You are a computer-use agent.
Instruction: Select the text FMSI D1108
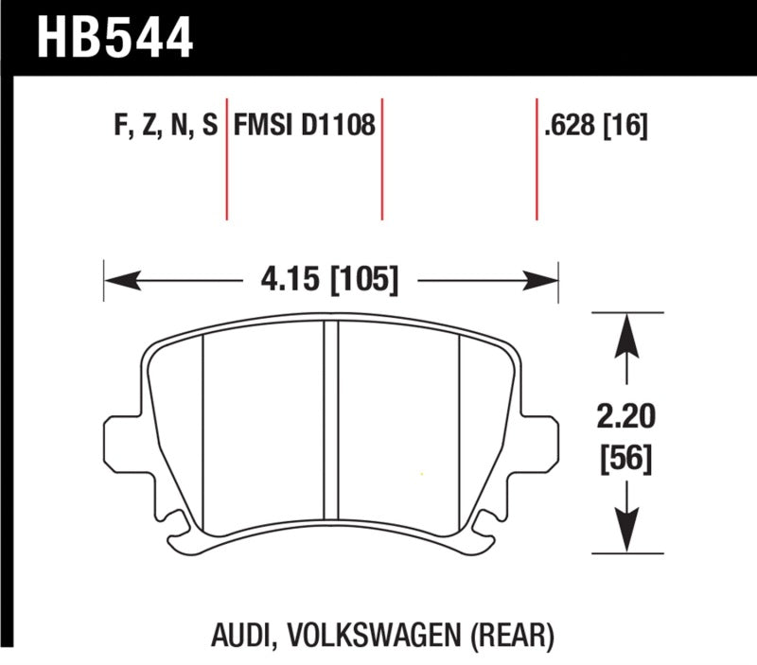click(304, 125)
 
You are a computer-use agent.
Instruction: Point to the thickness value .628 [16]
click(596, 125)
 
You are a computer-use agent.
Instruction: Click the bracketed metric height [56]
click(625, 460)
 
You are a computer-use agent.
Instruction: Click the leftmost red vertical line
click(227, 157)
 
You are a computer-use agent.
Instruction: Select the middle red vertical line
click(381, 157)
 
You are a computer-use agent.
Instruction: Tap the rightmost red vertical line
click(537, 157)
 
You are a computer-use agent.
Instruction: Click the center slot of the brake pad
click(331, 421)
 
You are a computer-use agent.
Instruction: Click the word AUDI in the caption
click(236, 633)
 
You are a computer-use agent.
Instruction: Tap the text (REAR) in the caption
click(518, 633)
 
